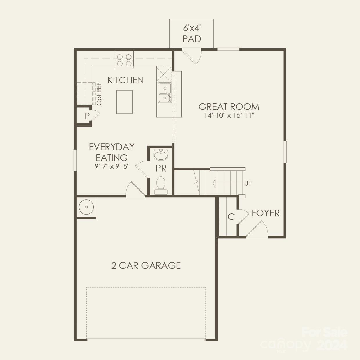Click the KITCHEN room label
125,80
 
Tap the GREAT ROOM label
229,107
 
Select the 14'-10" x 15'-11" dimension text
229,115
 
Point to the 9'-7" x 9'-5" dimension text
112,167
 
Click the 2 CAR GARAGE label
146,265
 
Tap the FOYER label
265,213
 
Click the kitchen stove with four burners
124,59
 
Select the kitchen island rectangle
125,102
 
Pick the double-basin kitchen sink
164,93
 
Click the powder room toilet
161,185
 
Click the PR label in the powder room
161,168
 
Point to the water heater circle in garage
86,207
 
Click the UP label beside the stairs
248,183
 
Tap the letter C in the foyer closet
231,217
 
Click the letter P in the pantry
87,116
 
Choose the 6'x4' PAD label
192,34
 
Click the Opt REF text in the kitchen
99,94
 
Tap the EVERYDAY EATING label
112,152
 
